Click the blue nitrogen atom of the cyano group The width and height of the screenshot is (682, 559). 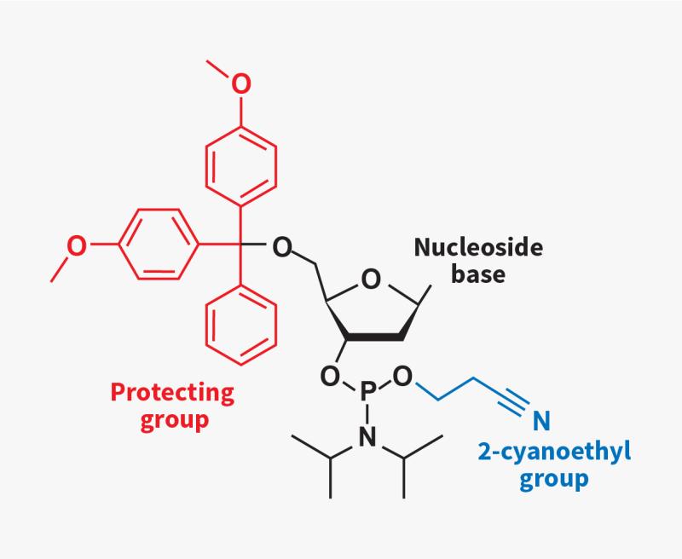[541, 420]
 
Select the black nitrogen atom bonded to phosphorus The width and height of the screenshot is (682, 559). [367, 436]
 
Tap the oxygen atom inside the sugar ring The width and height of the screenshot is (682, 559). [371, 279]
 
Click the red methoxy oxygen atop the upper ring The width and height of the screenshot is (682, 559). [241, 84]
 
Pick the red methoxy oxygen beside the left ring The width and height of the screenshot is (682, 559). [77, 245]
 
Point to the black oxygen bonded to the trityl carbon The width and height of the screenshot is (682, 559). [282, 247]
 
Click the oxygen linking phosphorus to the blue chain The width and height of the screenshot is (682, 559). [402, 377]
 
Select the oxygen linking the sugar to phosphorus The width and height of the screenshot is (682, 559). [330, 377]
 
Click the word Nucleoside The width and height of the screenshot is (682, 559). [478, 247]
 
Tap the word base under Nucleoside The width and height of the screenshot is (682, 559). [478, 274]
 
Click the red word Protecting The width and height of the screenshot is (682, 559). [172, 393]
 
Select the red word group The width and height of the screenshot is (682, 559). [175, 420]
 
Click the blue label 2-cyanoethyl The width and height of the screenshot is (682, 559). [554, 452]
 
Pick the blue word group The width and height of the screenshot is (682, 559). [554, 480]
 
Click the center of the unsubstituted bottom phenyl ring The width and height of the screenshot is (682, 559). [241, 326]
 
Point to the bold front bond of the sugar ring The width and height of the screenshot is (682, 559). [376, 337]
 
